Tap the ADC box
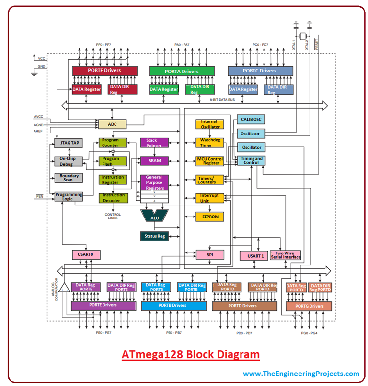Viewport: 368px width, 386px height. click(x=112, y=124)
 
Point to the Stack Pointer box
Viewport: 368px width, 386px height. click(x=154, y=143)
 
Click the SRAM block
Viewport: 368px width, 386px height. click(x=154, y=161)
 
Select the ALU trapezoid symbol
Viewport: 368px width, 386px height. click(x=154, y=217)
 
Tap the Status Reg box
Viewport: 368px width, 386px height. click(x=154, y=236)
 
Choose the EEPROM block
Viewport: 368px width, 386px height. click(x=209, y=217)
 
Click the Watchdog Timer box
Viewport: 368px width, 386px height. click(x=209, y=143)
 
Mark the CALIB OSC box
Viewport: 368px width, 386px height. click(x=251, y=119)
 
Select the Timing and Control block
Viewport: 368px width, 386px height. click(x=252, y=160)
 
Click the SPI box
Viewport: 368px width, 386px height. click(x=209, y=255)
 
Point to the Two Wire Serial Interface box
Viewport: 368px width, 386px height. click(x=285, y=255)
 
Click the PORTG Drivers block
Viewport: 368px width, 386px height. click(x=309, y=306)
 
